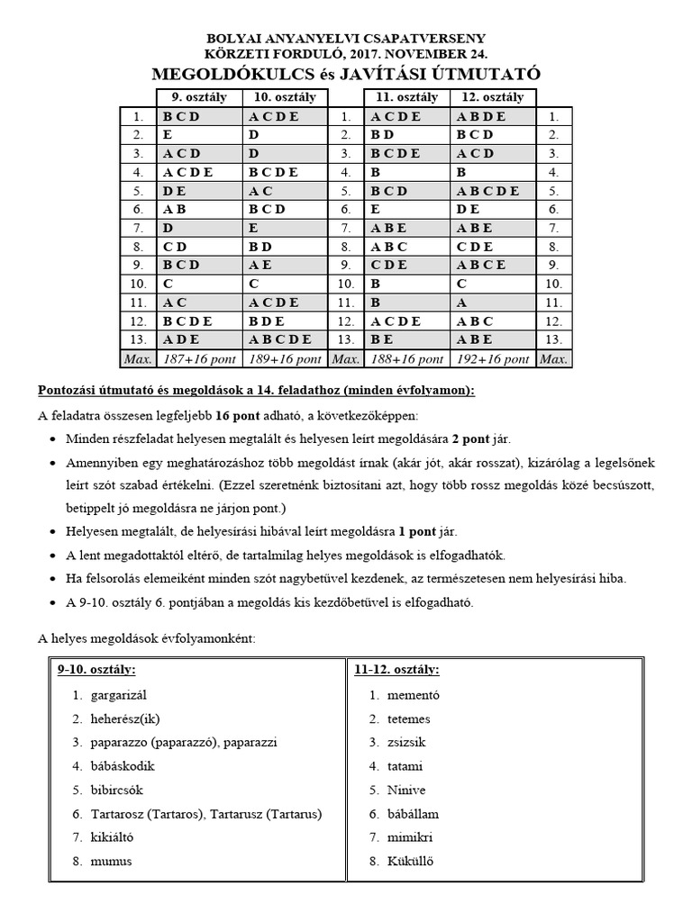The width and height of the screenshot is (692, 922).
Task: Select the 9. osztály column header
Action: (198, 97)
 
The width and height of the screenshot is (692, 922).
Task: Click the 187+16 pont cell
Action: (198, 358)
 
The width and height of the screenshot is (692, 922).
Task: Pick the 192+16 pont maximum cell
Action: (492, 358)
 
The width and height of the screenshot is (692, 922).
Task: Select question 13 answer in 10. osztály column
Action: (280, 339)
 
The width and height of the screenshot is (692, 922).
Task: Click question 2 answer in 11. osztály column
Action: (382, 135)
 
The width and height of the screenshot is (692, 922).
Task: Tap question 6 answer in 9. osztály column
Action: (175, 209)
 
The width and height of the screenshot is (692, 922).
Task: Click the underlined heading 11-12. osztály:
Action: (398, 671)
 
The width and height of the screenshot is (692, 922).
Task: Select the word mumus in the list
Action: (111, 861)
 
